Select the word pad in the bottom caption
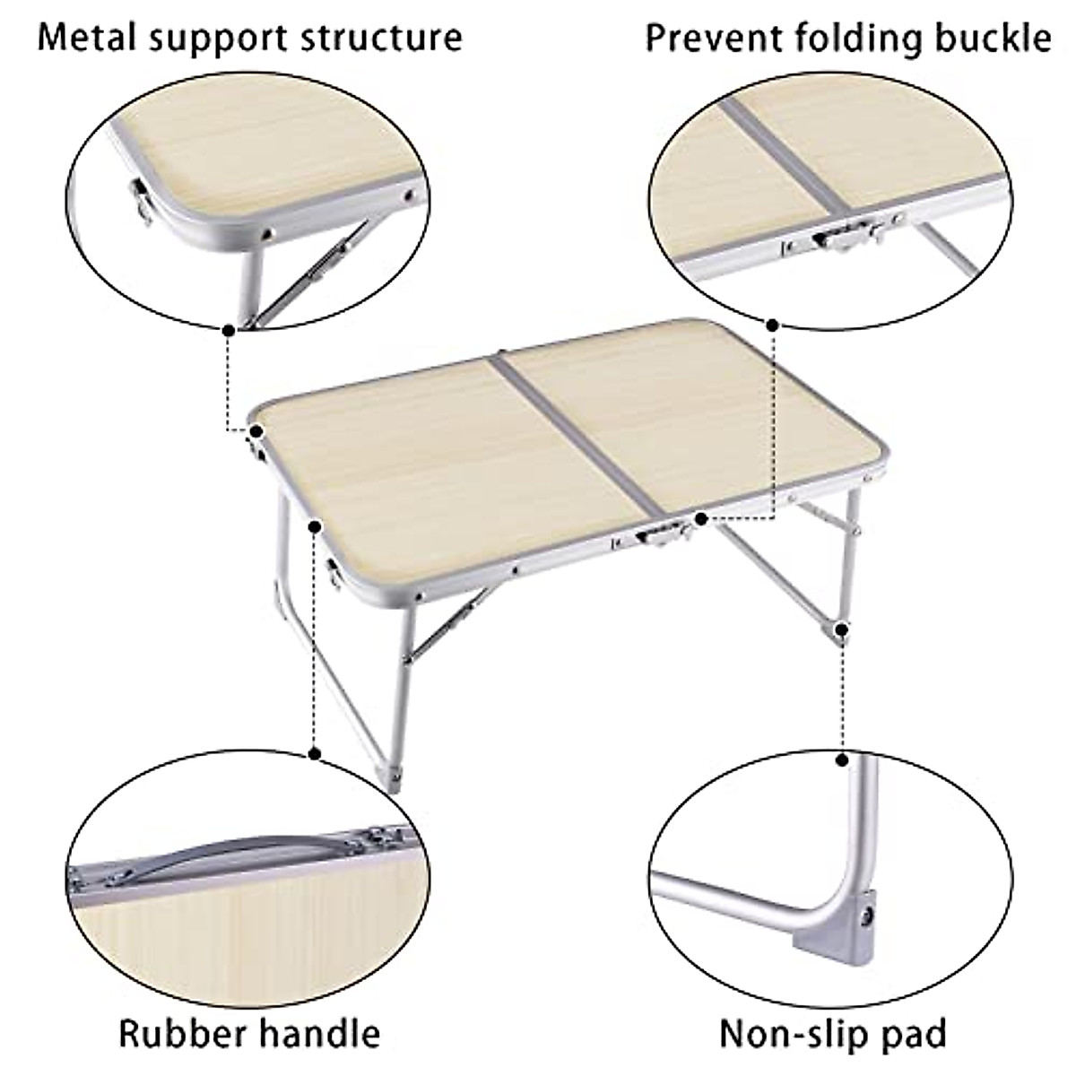click(x=915, y=1034)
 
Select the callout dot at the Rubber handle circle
click(x=314, y=753)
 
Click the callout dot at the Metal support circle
click(x=230, y=330)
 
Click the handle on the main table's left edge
click(x=334, y=575)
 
